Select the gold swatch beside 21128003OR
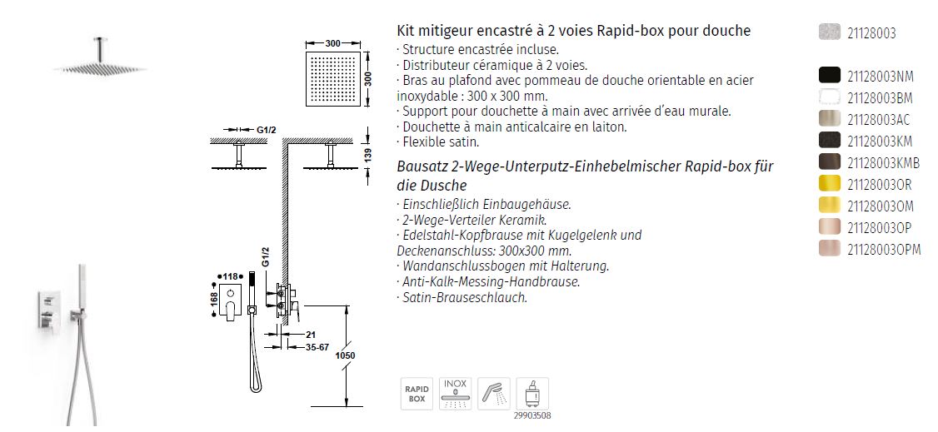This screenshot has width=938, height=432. pyautogui.click(x=830, y=183)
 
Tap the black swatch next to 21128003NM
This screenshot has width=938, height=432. pyautogui.click(x=830, y=76)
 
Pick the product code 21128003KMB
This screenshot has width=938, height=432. pyautogui.click(x=884, y=162)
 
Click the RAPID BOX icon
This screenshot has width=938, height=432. pyautogui.click(x=417, y=394)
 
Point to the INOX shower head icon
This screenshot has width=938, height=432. pyautogui.click(x=455, y=394)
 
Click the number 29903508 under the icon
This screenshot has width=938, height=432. pyautogui.click(x=531, y=416)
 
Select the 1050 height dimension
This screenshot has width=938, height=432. pyautogui.click(x=345, y=355)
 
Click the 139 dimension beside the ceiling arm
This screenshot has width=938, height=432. pyautogui.click(x=368, y=154)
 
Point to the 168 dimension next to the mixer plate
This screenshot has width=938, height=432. pyautogui.click(x=214, y=300)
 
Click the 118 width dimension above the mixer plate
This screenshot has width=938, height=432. pyautogui.click(x=230, y=276)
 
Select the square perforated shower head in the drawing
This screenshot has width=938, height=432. pyautogui.click(x=333, y=79)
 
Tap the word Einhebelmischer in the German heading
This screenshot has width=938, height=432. pyautogui.click(x=618, y=166)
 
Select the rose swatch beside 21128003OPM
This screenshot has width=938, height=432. pyautogui.click(x=830, y=249)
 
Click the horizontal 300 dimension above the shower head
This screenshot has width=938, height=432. pyautogui.click(x=333, y=43)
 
